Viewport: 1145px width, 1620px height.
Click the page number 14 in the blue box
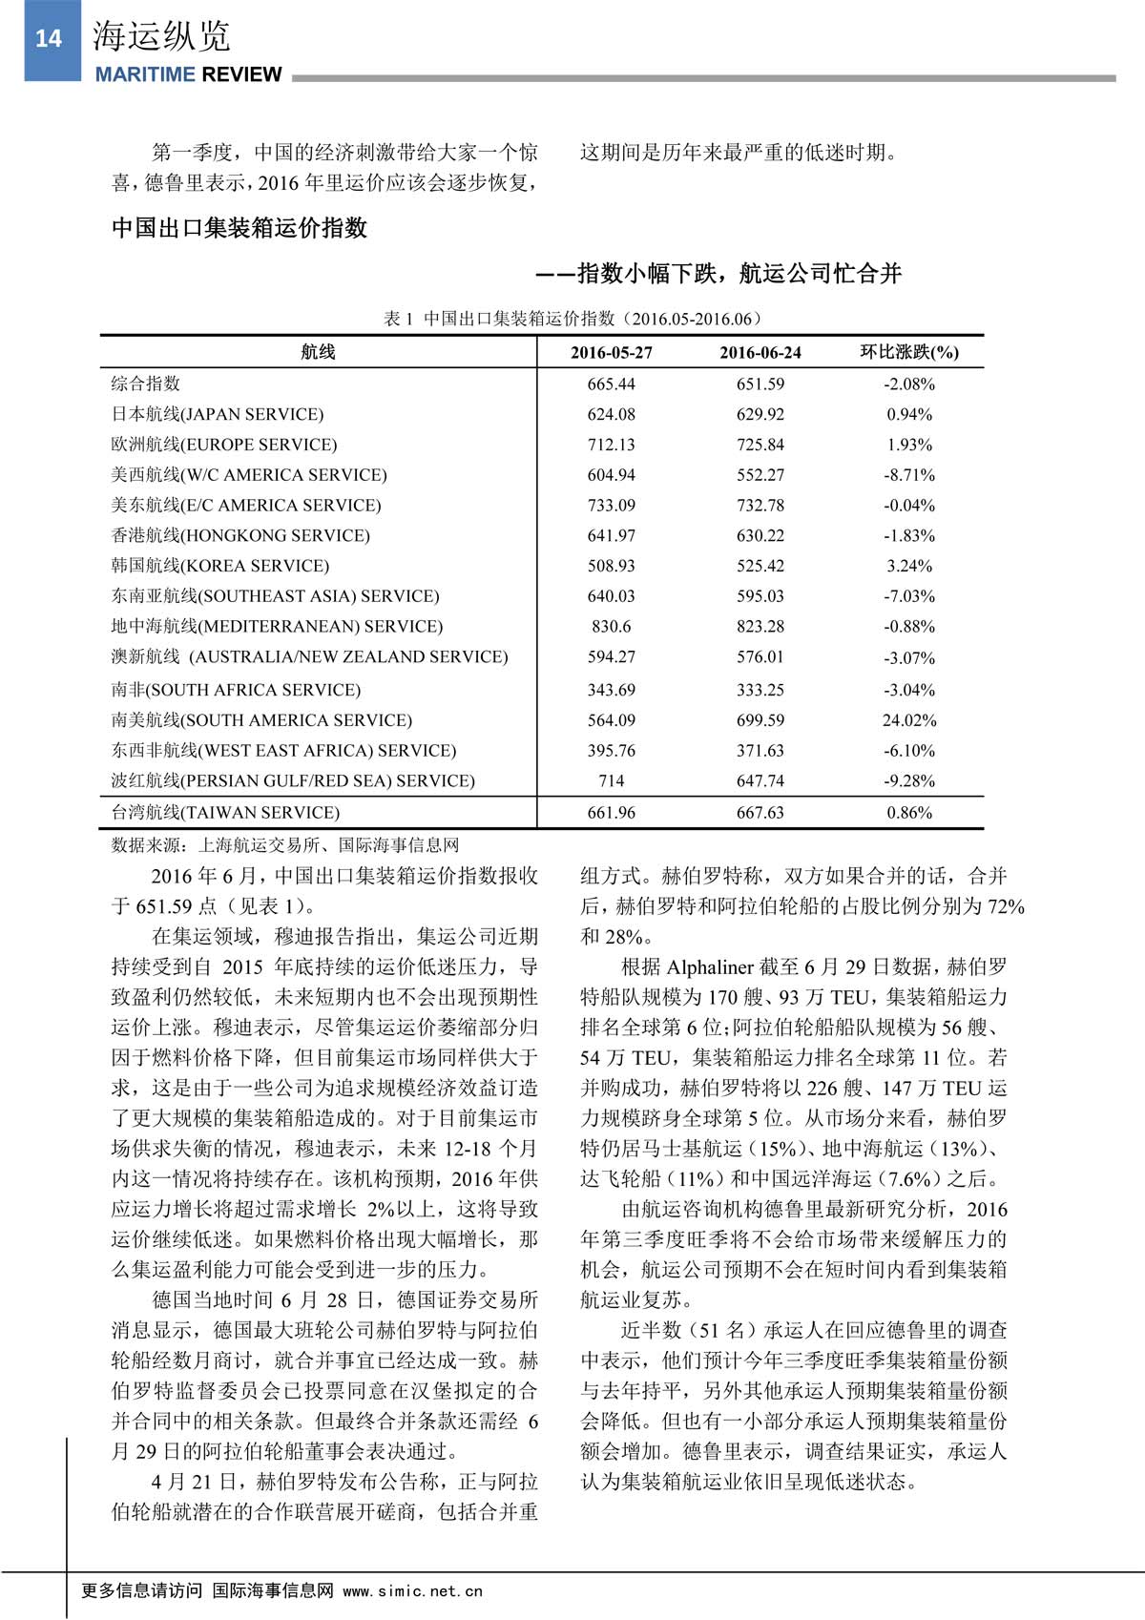coord(48,38)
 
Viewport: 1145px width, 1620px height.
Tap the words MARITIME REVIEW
coord(188,74)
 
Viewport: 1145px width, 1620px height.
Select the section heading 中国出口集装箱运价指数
coord(239,228)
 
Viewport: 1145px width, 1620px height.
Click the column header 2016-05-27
coord(612,353)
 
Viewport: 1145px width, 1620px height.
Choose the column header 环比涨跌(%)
coord(909,352)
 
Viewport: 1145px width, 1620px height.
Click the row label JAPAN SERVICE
coord(218,414)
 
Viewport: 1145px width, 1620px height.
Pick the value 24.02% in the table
coord(909,720)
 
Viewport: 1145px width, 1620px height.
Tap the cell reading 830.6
coord(612,627)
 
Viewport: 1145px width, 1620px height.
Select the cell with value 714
coord(612,781)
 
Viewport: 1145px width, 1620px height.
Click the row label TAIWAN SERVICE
coord(225,813)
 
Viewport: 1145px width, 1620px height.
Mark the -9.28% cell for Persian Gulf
coord(909,781)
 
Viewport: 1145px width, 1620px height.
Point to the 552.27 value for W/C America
coord(760,475)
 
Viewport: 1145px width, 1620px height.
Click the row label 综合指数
coord(146,384)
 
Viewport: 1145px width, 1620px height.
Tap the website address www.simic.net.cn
coord(412,1590)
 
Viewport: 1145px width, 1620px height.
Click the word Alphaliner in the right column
coord(710,967)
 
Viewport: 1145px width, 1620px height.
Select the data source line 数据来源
coord(285,845)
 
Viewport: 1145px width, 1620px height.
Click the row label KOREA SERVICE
coord(220,566)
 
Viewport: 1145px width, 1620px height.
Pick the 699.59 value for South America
coord(760,720)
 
